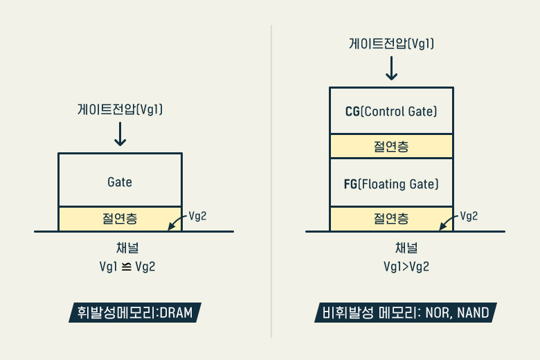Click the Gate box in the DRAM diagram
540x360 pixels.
point(120,181)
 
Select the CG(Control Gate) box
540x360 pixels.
point(391,111)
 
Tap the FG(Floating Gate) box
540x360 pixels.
point(391,184)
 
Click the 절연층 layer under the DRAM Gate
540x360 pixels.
point(120,219)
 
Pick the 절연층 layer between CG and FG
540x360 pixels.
point(391,146)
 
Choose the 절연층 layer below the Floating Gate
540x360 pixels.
point(391,219)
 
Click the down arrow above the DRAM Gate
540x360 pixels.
point(120,133)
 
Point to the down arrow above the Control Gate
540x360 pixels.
point(391,68)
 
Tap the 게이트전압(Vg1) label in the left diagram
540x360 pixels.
point(120,109)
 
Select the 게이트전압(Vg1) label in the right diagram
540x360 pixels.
point(391,44)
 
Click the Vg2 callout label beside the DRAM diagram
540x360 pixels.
point(198,215)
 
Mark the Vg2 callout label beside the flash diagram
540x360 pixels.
point(469,215)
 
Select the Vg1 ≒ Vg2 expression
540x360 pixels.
point(127,267)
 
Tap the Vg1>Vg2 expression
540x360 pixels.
point(406,267)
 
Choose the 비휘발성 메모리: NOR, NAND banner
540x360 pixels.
point(406,312)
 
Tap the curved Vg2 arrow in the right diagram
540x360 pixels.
point(449,221)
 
